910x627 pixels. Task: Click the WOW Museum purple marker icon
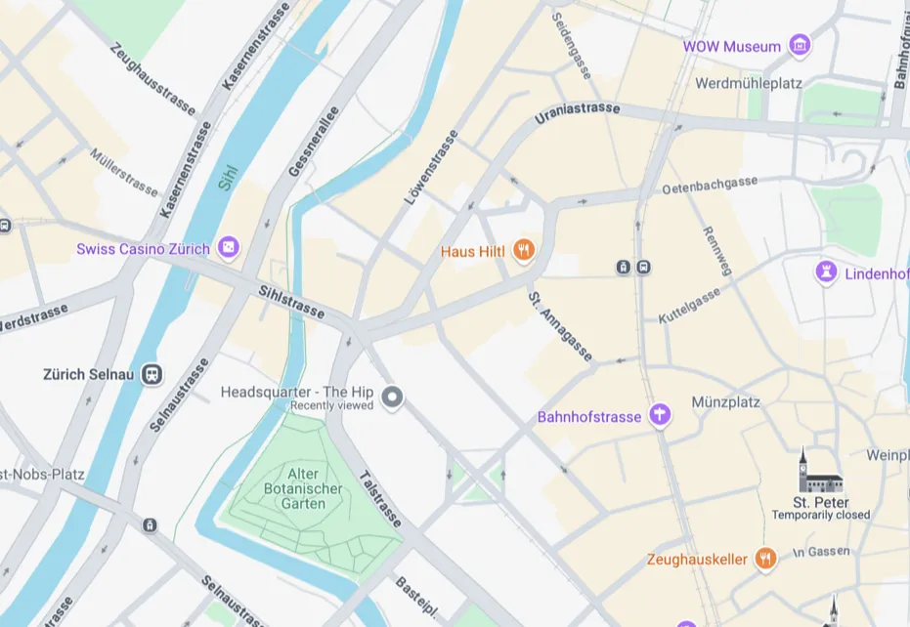[x=800, y=45]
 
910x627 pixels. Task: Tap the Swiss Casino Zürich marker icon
[x=228, y=247]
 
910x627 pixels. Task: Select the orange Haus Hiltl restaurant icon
[x=525, y=251]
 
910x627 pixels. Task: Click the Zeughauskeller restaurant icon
[x=765, y=559]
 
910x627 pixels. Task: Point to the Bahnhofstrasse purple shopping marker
[x=661, y=416]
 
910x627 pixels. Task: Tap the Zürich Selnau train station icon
[x=152, y=374]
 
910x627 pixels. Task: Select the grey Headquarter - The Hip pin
[x=392, y=397]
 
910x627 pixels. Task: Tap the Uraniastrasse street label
[x=577, y=114]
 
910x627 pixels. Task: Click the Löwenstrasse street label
[x=431, y=168]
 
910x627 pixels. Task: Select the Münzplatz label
[x=725, y=401]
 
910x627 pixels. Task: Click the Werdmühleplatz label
[x=748, y=83]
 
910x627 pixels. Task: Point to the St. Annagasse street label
[x=560, y=326]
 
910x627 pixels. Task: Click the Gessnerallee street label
[x=314, y=142]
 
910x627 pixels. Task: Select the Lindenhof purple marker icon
[x=827, y=272]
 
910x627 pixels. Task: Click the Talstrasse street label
[x=379, y=498]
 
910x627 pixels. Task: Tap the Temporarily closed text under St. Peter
[x=820, y=515]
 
